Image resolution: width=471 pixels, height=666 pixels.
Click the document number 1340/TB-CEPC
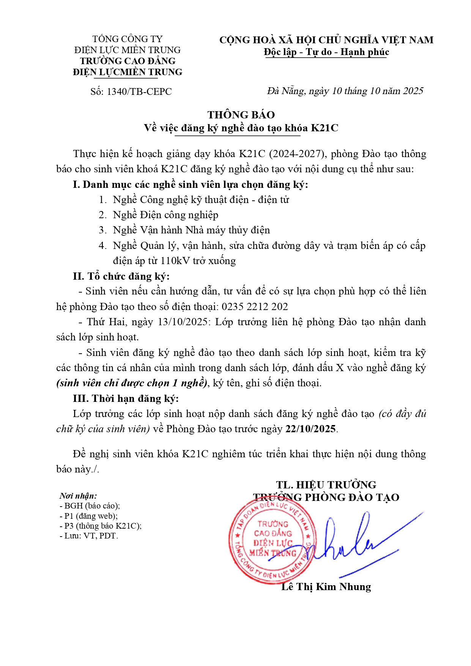[x=139, y=92]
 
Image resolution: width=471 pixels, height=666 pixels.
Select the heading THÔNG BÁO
[x=241, y=115]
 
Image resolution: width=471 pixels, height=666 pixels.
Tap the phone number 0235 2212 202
[x=255, y=307]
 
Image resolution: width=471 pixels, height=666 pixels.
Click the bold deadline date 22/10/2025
[x=311, y=429]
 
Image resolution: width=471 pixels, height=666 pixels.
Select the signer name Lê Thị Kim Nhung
[x=326, y=587]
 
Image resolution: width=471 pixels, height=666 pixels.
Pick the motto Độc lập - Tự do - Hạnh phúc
[x=326, y=52]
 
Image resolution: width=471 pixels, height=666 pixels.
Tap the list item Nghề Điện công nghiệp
[x=165, y=215]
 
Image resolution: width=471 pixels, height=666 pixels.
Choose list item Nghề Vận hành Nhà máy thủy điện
[x=191, y=230]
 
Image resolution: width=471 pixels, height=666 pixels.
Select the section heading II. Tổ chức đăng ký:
[x=121, y=276]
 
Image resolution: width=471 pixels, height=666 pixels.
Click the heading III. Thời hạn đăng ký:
[x=126, y=398]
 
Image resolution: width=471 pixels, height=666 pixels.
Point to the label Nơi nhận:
[x=78, y=496]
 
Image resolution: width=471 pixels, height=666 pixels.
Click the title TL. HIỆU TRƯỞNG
[x=326, y=485]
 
